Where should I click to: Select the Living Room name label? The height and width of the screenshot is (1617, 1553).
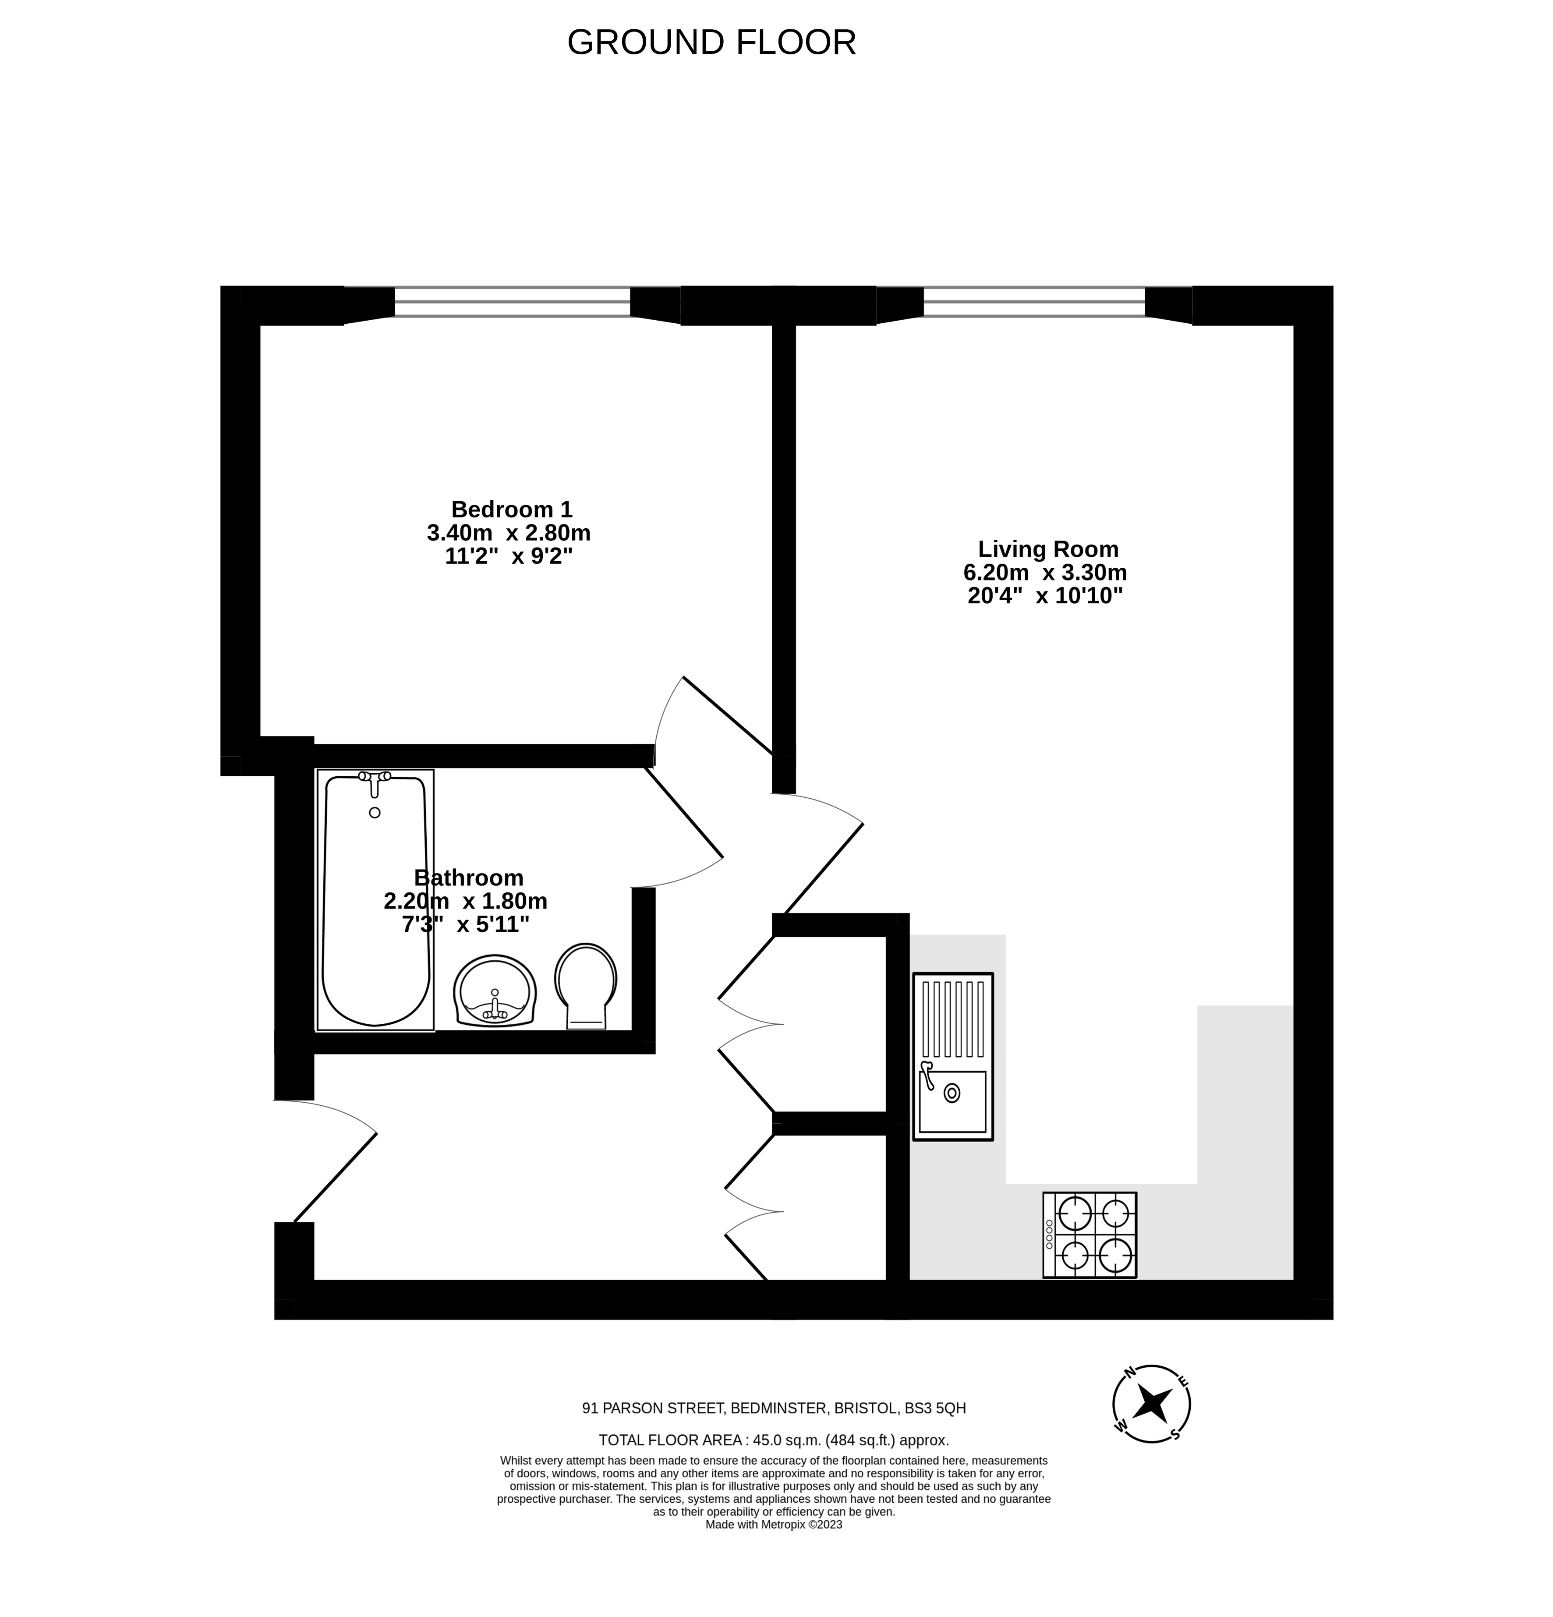(1048, 548)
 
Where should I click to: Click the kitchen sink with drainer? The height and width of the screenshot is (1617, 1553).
(953, 1057)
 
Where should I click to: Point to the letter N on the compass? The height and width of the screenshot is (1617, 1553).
(1130, 1372)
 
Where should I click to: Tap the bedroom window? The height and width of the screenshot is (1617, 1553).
(513, 302)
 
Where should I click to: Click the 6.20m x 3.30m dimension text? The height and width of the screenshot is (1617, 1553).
(1046, 573)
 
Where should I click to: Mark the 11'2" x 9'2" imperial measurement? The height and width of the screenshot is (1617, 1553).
(509, 557)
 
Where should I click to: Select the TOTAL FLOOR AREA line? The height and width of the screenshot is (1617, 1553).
(774, 1440)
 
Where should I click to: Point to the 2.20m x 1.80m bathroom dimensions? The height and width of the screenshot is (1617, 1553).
(465, 901)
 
